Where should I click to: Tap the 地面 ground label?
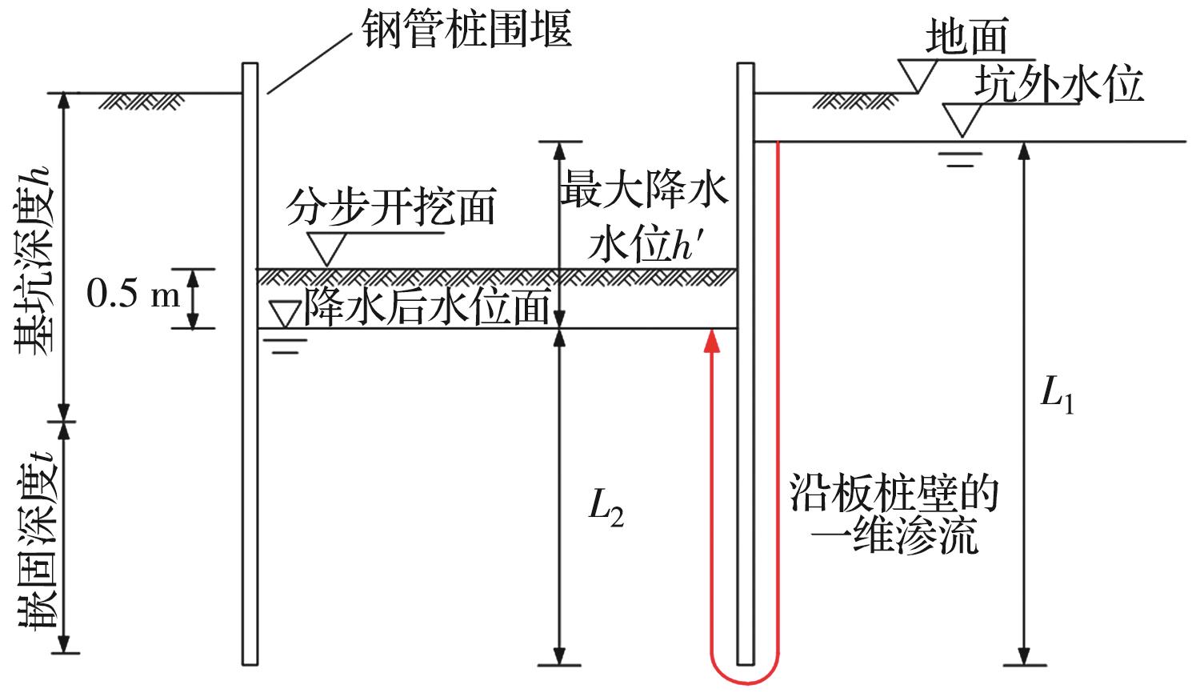[x=966, y=38]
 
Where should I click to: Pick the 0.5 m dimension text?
[x=134, y=296]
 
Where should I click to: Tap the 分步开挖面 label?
[x=391, y=206]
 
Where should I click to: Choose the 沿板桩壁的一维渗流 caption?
[x=894, y=515]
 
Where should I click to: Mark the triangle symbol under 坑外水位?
[x=962, y=118]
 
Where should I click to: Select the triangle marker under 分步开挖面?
[x=326, y=247]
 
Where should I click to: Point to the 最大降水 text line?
[x=643, y=190]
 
